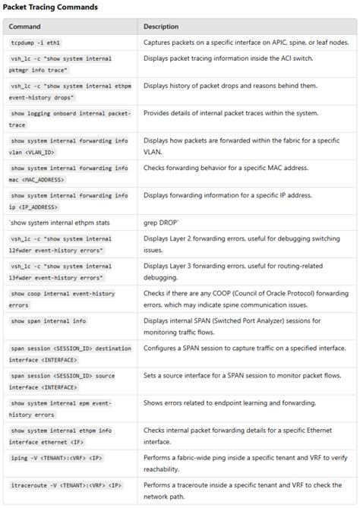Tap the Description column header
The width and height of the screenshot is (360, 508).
[x=161, y=27]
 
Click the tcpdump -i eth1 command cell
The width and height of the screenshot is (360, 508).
[x=34, y=43]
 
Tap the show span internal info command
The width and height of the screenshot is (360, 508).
[x=48, y=321]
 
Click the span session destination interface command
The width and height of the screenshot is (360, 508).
[x=70, y=352]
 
